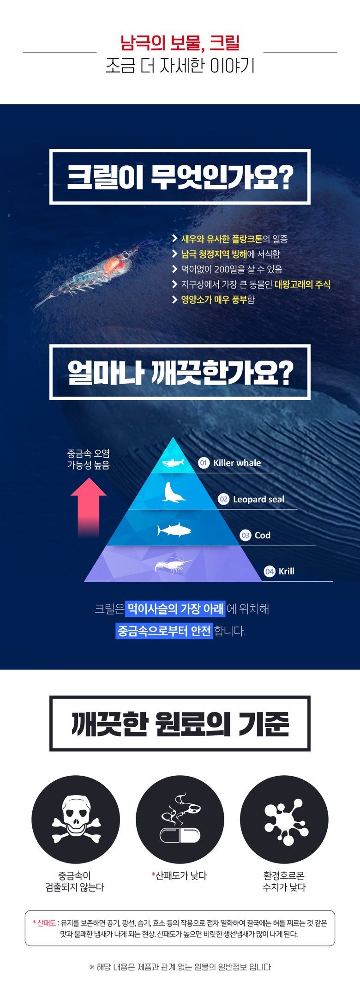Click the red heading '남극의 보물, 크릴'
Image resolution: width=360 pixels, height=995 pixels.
coord(180,43)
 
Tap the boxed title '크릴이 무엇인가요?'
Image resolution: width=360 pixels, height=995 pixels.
coord(180,177)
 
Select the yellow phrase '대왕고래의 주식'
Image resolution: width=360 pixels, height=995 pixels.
coord(303,284)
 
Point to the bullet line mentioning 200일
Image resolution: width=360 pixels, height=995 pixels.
coord(227,269)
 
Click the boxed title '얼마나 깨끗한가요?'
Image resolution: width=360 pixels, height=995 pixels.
coord(180,372)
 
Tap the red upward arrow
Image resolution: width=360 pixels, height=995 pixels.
coord(88,507)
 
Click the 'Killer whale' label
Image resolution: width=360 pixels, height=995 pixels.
coord(237,463)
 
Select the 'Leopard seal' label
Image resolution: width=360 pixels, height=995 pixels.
coord(258,499)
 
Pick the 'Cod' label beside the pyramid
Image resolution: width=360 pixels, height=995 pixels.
coord(263,535)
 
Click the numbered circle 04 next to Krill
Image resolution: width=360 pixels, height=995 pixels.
coord(270,572)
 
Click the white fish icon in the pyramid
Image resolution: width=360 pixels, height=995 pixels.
coord(174,530)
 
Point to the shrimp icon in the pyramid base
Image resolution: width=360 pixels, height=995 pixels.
coord(173,566)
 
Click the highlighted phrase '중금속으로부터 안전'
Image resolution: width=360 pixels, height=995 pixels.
coord(164,631)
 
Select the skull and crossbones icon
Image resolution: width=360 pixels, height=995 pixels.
coord(76,824)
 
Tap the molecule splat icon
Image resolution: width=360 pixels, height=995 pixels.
coord(284,820)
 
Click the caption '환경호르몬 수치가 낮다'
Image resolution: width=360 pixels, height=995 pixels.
coord(284,881)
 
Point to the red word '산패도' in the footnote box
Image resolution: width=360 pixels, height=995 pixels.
coord(46,923)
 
